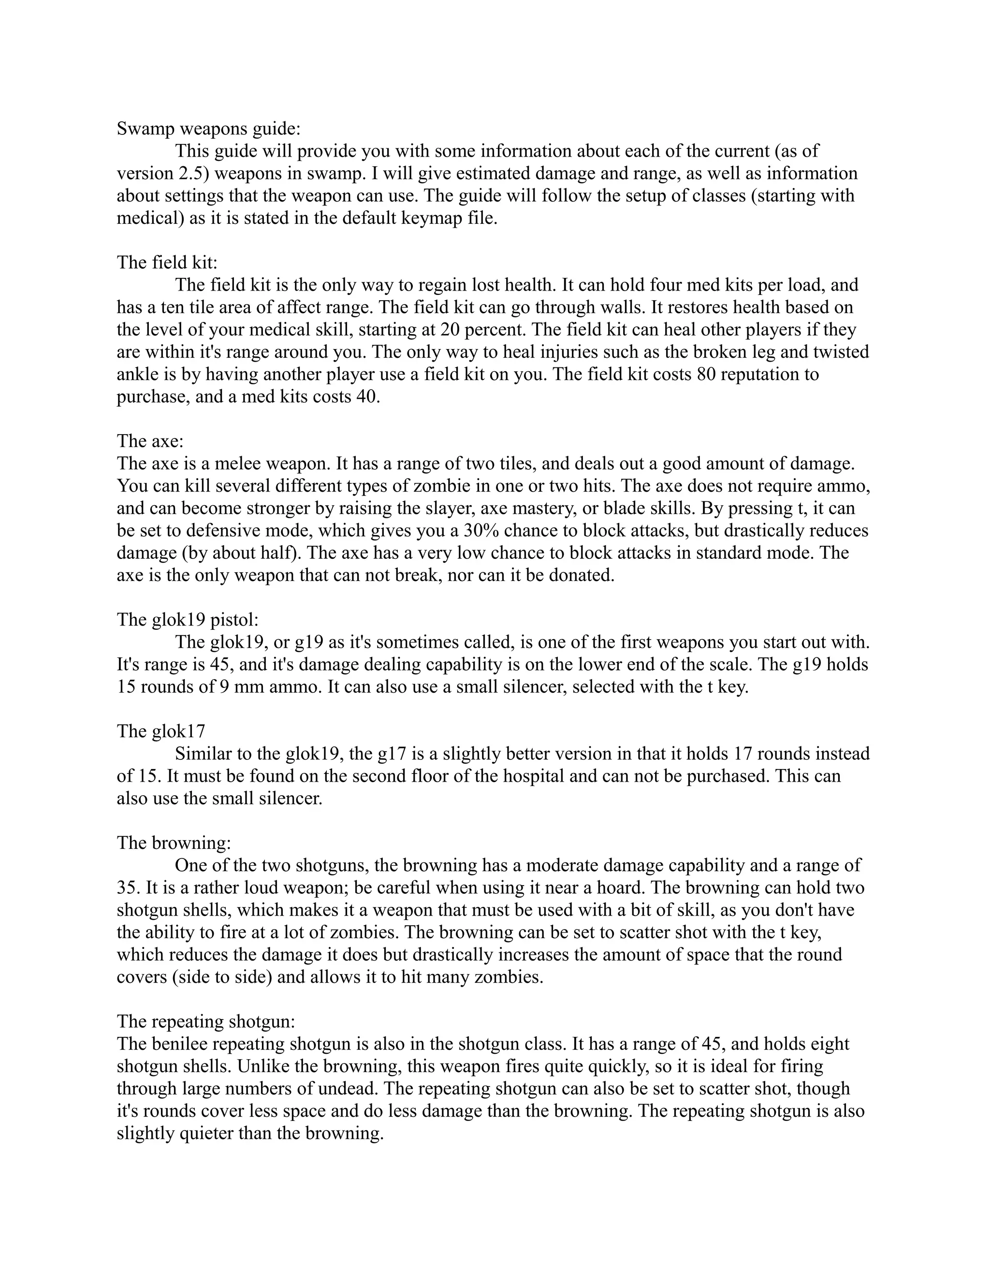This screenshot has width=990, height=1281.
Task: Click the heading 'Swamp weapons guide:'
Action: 208,129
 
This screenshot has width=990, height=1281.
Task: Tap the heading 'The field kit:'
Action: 167,262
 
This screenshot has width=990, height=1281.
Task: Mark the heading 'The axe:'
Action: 150,441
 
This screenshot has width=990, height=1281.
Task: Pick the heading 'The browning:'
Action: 174,843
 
